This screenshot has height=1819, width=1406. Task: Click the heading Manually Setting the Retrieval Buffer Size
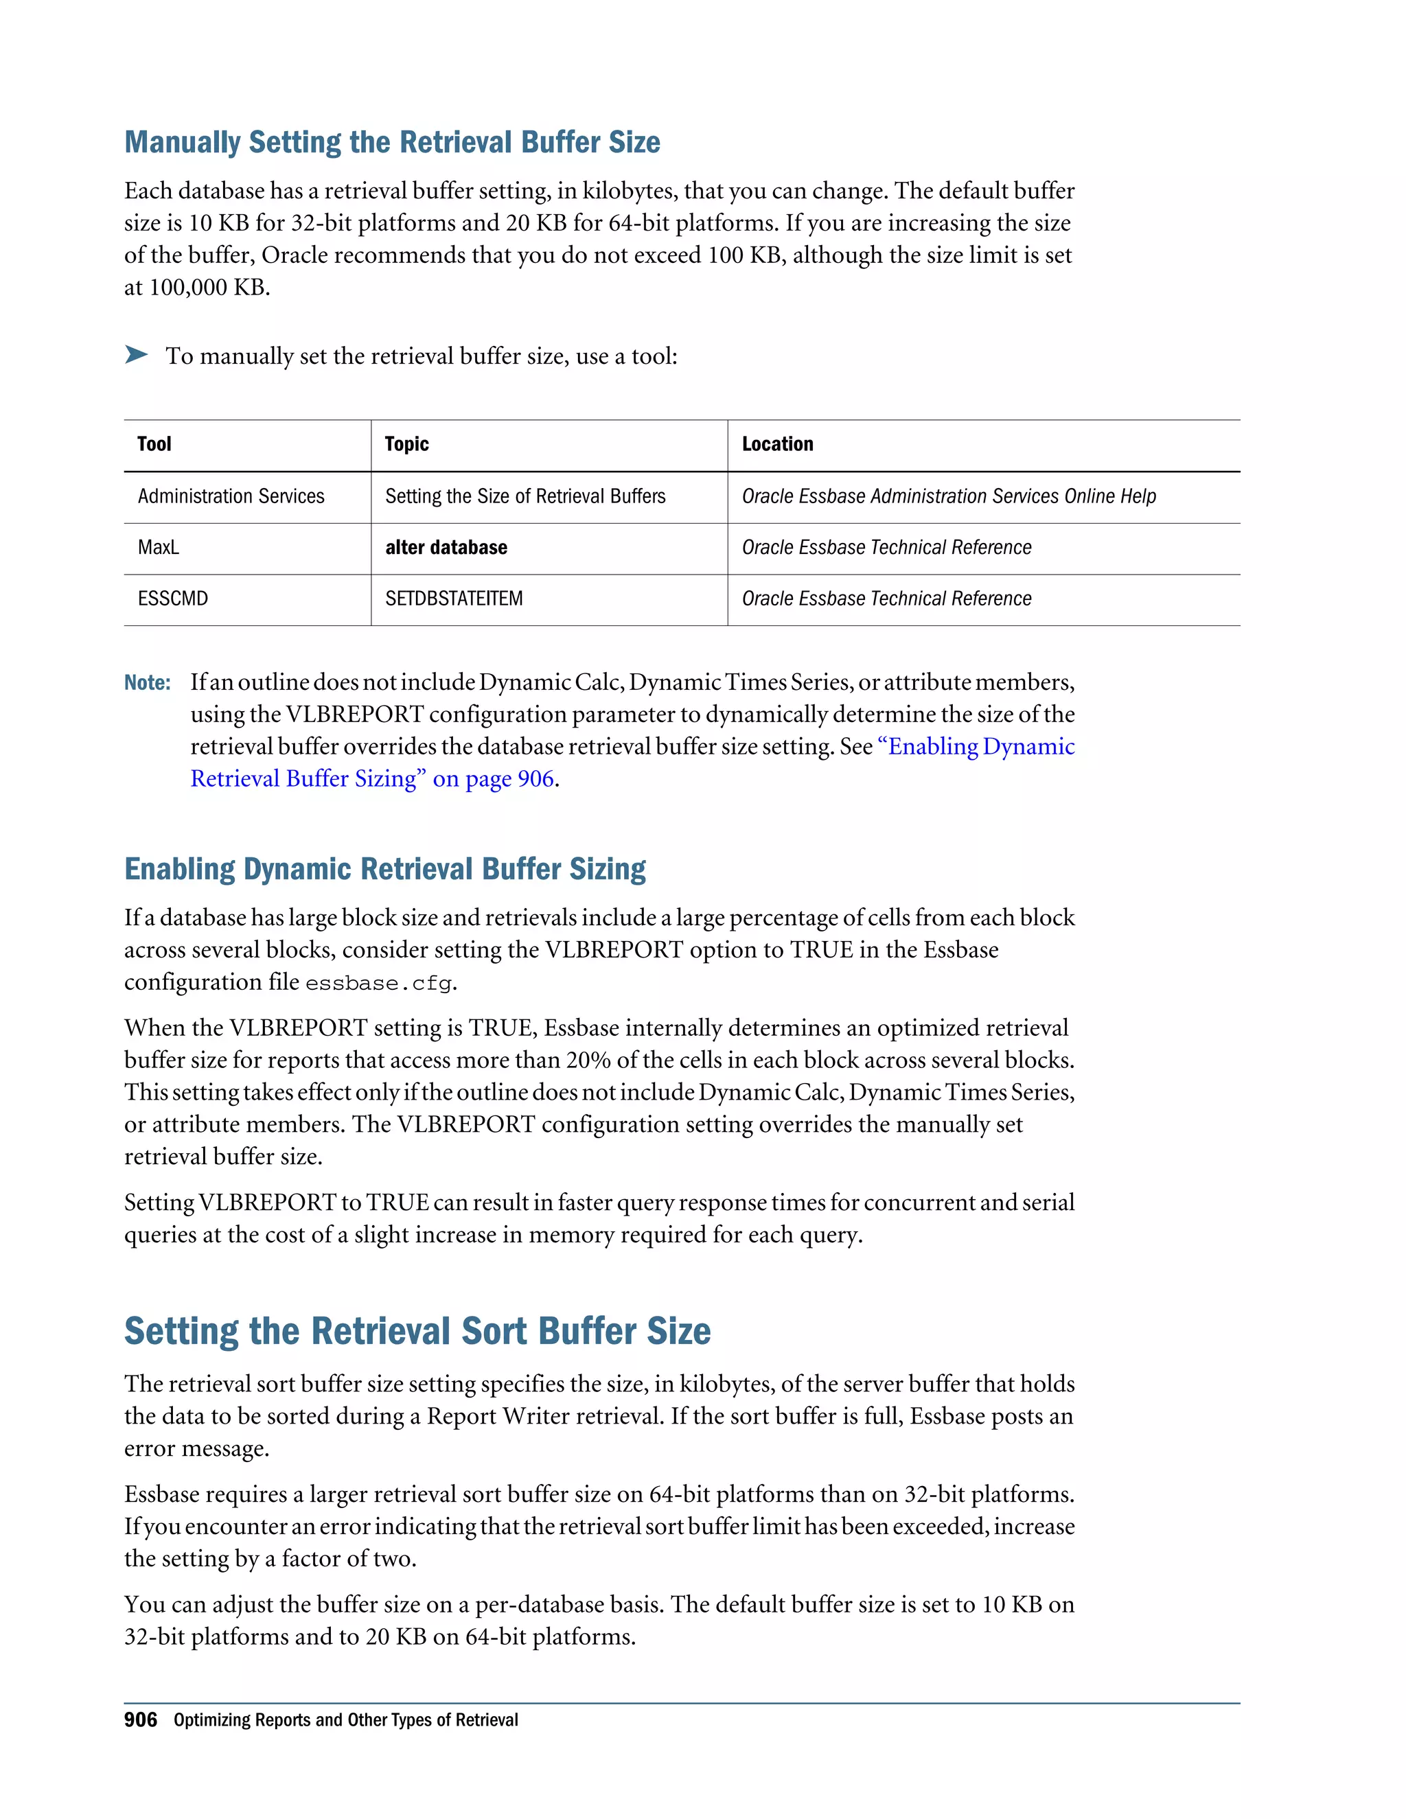tap(391, 142)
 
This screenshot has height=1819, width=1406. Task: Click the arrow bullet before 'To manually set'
tap(136, 355)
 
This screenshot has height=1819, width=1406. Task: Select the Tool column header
tap(154, 444)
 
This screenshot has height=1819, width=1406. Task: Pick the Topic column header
tap(406, 444)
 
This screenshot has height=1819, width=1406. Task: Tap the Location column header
tap(777, 444)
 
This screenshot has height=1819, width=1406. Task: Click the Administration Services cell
tap(231, 496)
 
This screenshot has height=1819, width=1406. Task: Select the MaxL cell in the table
tap(159, 547)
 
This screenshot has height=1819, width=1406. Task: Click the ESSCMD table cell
tap(172, 599)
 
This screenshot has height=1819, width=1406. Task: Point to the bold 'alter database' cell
tap(446, 547)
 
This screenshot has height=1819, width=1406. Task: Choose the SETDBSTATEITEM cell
tap(454, 599)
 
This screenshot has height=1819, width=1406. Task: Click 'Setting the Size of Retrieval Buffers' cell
tap(525, 496)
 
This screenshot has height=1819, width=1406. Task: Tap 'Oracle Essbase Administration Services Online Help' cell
tap(949, 496)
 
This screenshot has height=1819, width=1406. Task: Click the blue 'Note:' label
tap(148, 683)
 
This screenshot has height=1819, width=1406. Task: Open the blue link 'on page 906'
tap(493, 779)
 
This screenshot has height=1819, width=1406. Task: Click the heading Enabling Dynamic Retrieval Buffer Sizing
tap(385, 869)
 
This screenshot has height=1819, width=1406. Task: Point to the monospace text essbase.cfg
tap(379, 984)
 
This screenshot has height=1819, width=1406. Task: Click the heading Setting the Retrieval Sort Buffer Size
tap(417, 1331)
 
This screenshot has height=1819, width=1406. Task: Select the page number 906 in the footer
tap(140, 1720)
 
